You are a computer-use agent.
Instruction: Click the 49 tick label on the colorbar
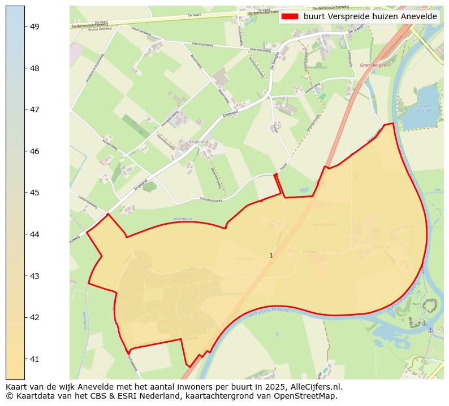[x=34, y=27]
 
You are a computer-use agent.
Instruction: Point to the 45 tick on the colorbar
[x=34, y=193]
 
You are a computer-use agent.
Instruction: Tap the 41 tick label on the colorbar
[x=34, y=359]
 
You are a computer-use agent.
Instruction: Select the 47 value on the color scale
[x=34, y=110]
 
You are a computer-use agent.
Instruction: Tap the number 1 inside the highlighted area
[x=271, y=256]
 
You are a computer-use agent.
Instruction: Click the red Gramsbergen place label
[x=372, y=66]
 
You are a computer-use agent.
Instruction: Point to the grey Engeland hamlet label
[x=200, y=142]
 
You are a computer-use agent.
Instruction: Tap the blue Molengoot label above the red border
[x=182, y=219]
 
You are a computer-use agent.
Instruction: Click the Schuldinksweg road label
[x=211, y=199]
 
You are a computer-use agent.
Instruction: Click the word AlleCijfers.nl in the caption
[x=316, y=387]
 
